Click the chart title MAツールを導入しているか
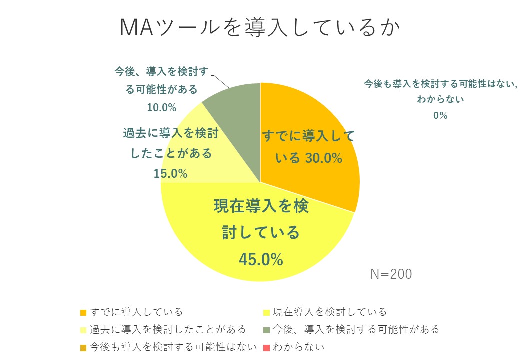[260, 28]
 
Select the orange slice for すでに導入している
[320, 125]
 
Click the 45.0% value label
[261, 259]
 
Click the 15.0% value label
[171, 174]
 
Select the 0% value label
[440, 116]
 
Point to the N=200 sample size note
[391, 274]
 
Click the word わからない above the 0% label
[440, 99]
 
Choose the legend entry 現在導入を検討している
[330, 312]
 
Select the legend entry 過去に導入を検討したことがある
[168, 329]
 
